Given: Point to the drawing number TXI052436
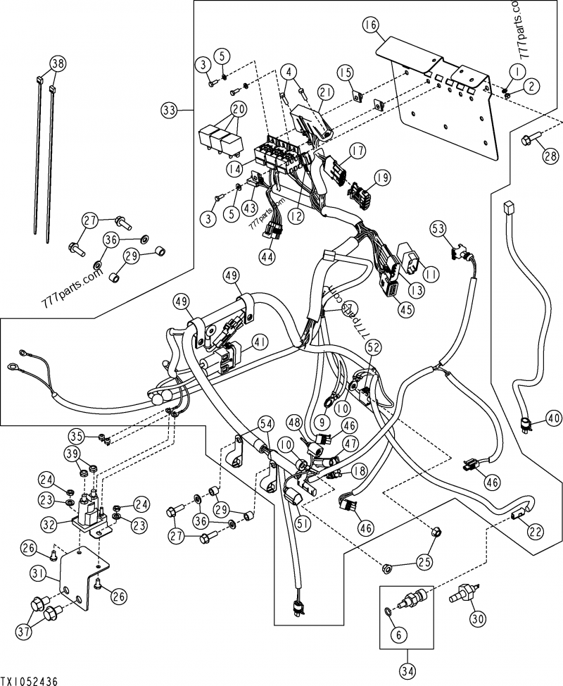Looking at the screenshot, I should point(28,680).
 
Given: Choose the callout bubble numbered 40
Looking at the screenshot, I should point(554,418).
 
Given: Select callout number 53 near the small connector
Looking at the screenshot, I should point(438,228).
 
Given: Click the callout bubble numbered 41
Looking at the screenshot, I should point(260,343).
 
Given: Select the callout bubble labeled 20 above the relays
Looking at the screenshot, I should point(238,109).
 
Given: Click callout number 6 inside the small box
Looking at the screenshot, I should point(398,635).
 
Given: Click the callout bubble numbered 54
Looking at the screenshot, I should point(265,423).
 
